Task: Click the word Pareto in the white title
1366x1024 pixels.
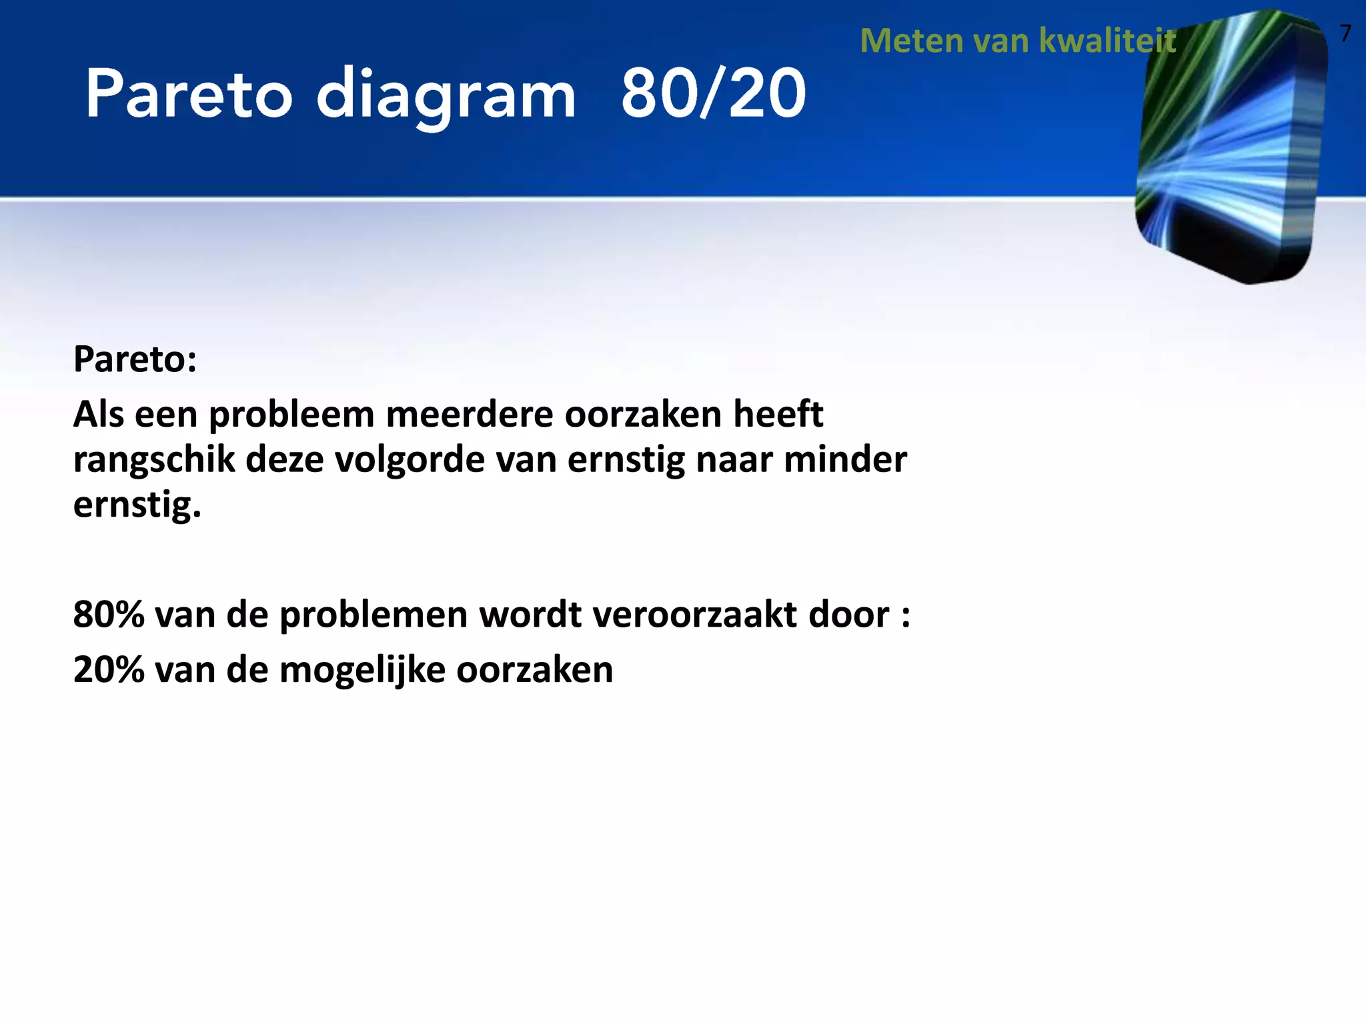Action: point(189,95)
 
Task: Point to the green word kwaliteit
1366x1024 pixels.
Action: point(1108,41)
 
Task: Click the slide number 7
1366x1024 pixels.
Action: point(1345,33)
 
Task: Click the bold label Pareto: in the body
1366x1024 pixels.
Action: point(135,359)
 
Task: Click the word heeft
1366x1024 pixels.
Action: point(778,415)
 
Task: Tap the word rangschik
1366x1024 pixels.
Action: point(154,460)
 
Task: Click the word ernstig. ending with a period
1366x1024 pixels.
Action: point(137,505)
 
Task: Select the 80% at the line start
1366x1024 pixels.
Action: point(109,615)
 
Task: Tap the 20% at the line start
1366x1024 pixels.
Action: point(109,670)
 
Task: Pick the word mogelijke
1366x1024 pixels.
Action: point(362,671)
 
